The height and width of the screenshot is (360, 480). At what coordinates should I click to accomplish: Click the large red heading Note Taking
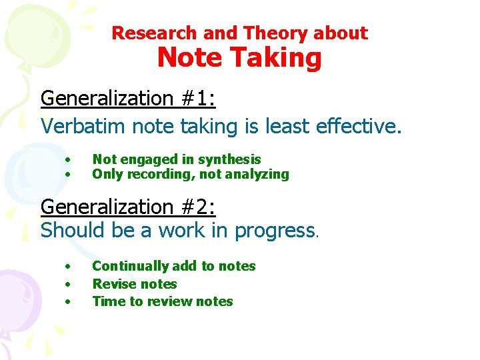pyautogui.click(x=239, y=58)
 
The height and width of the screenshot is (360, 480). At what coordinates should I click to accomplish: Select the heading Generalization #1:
pyautogui.click(x=128, y=99)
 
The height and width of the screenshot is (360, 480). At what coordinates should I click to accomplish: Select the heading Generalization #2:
pyautogui.click(x=128, y=207)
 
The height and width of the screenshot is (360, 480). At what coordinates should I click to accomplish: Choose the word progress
pyautogui.click(x=275, y=231)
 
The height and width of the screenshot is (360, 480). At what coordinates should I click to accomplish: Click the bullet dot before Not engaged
pyautogui.click(x=67, y=159)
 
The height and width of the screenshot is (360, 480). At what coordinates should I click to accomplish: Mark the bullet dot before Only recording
pyautogui.click(x=67, y=175)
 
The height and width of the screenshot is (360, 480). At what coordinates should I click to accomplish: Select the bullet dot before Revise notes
pyautogui.click(x=67, y=284)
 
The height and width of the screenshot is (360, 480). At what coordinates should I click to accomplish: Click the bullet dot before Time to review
pyautogui.click(x=67, y=301)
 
